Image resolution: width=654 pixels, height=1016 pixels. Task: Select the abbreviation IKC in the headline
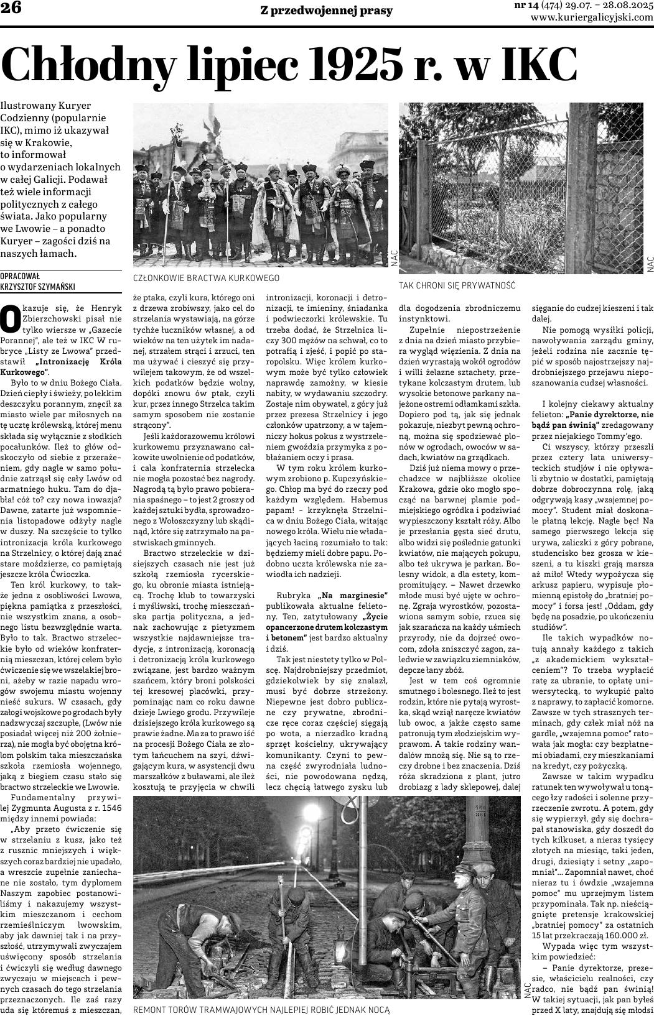coord(528,63)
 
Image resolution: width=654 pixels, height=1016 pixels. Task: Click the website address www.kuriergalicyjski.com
coord(592,17)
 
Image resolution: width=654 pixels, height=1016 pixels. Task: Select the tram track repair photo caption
coord(261,1010)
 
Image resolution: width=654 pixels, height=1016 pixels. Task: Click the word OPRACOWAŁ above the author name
coord(21,276)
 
